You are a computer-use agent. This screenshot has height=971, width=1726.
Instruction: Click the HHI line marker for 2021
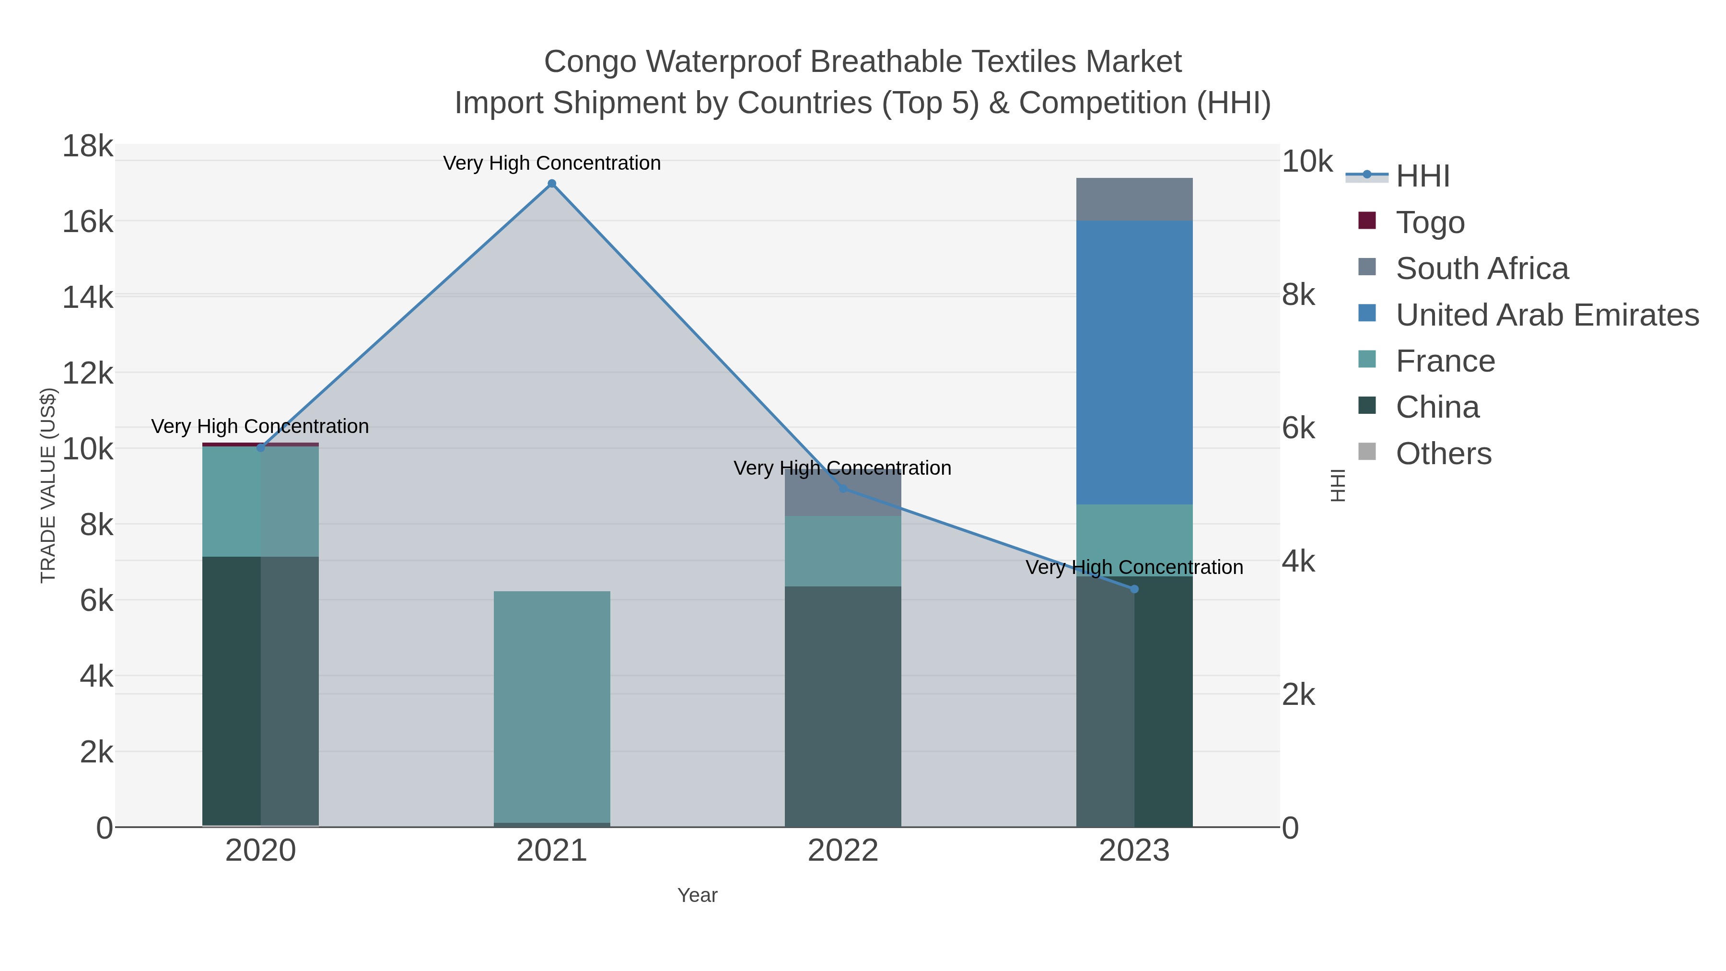tap(551, 184)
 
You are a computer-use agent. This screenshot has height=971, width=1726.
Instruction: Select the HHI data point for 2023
tap(1134, 589)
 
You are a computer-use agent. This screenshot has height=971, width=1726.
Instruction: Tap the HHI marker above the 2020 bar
tap(261, 448)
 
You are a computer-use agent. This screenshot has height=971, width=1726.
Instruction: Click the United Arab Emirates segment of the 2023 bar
tap(1134, 362)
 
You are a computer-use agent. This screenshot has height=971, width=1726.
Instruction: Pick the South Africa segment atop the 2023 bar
tap(1134, 199)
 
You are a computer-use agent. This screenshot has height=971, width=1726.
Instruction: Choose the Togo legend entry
tap(1429, 222)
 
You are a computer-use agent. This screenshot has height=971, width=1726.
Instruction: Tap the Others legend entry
tap(1443, 454)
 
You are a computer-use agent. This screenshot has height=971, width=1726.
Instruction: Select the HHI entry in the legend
tap(1422, 176)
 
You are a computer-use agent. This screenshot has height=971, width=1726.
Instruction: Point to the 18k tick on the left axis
tap(88, 146)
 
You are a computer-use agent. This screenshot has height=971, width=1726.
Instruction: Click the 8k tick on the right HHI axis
tap(1298, 295)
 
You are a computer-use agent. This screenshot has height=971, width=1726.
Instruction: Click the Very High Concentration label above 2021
tap(551, 163)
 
